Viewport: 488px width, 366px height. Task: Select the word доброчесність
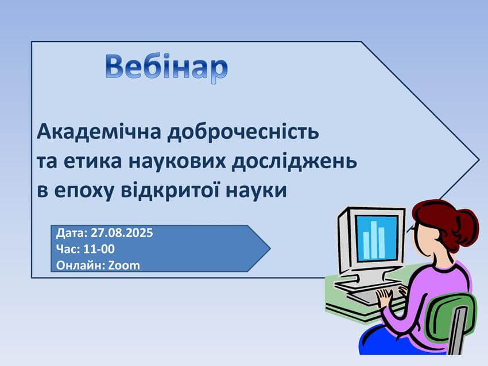pos(243,132)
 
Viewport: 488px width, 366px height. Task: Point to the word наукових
pos(177,162)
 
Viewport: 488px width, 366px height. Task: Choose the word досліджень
pos(295,161)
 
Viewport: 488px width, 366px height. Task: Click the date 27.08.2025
pos(122,232)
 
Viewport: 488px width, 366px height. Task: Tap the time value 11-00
pos(99,249)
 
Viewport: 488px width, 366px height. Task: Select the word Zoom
pos(124,266)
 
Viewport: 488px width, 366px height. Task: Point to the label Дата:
pos(72,233)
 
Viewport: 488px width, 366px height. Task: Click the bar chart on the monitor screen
pos(374,239)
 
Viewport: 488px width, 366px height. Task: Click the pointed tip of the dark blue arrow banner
pos(270,248)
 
